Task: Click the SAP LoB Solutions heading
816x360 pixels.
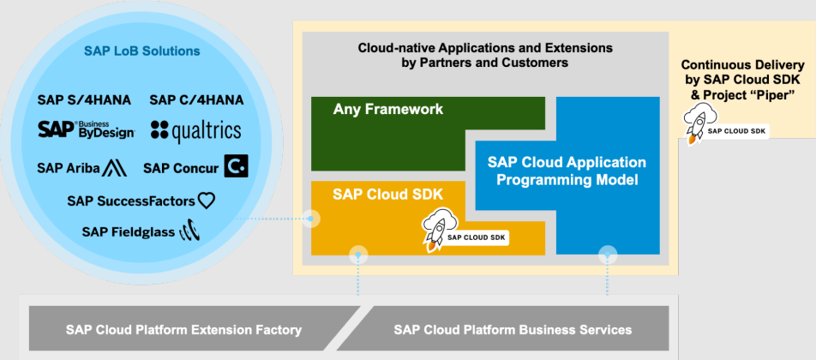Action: [142, 51]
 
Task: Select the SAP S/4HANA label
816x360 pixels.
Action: [84, 100]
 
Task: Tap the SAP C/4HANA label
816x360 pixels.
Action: [196, 100]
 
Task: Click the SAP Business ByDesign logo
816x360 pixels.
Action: [87, 129]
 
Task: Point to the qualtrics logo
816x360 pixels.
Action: [196, 130]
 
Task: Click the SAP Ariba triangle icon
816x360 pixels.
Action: [115, 168]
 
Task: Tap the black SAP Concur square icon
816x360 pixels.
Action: [237, 166]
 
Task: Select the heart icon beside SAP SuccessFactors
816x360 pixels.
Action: [206, 201]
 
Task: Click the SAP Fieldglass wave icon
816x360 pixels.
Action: [189, 231]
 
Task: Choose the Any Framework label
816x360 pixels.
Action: [388, 109]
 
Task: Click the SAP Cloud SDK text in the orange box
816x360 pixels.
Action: [387, 194]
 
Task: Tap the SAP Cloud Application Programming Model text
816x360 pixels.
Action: [567, 171]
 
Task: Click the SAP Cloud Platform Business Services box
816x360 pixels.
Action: [502, 328]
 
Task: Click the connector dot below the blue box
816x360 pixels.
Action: [608, 255]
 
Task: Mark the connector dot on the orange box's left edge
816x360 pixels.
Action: [311, 219]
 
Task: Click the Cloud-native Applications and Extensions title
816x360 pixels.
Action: [485, 56]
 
